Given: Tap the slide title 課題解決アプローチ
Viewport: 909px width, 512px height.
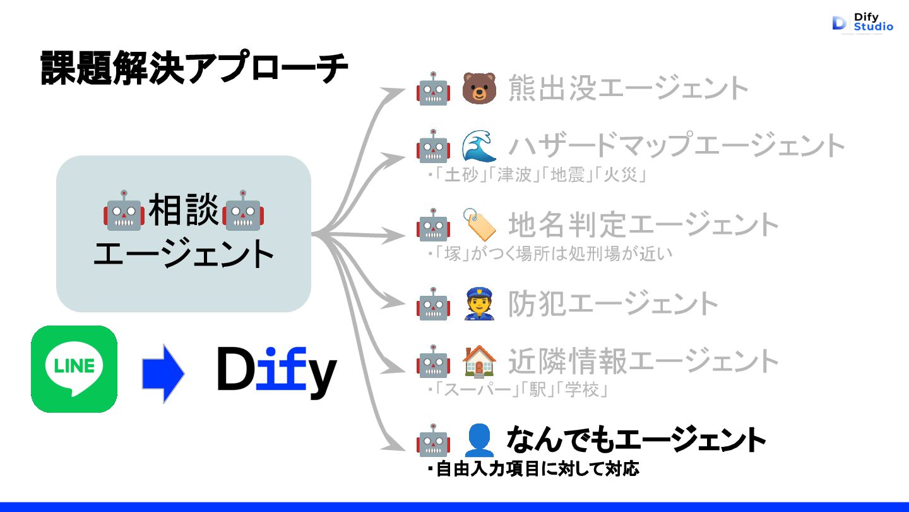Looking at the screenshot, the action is (x=194, y=69).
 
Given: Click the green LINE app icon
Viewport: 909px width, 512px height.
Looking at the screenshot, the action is (x=74, y=369).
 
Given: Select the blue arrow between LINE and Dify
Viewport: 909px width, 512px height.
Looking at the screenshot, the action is (x=163, y=374).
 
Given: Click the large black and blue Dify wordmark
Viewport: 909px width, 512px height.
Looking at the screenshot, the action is (x=276, y=371).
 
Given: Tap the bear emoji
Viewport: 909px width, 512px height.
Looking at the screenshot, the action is (x=479, y=88).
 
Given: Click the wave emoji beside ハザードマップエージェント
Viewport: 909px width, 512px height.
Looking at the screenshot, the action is (x=479, y=146).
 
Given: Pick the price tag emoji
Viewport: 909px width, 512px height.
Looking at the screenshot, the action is (x=479, y=224).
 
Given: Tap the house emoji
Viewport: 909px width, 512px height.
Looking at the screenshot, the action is (x=479, y=362).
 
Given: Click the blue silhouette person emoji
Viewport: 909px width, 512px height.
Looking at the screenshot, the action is (x=479, y=440).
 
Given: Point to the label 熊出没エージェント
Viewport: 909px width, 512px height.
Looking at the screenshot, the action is (x=629, y=88).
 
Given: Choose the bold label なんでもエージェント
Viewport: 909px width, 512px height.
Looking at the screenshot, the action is (x=636, y=439).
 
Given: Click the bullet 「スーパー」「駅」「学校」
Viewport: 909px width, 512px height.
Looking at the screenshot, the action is (x=519, y=391).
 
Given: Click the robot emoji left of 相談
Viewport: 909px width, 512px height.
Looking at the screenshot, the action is (x=124, y=210).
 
